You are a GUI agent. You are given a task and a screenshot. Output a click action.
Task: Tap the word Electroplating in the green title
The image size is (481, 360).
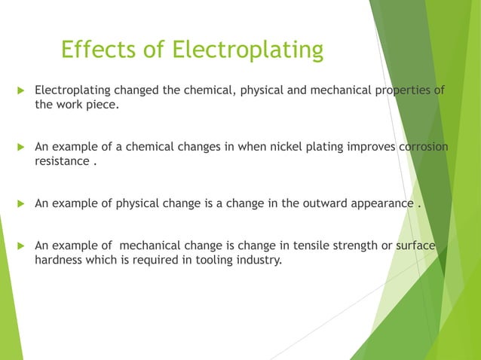[x=247, y=51]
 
